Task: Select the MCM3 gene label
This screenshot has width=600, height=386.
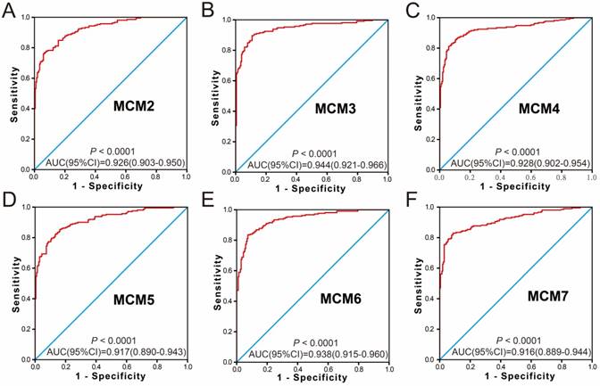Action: coord(336,109)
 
